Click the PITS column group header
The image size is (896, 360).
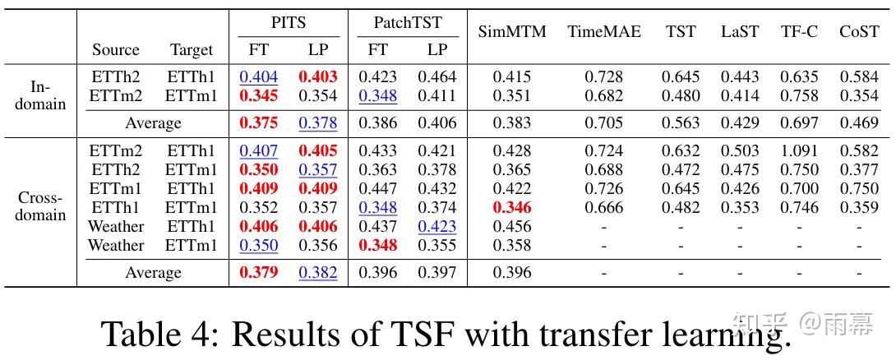coord(288,23)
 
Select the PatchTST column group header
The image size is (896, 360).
coord(408,23)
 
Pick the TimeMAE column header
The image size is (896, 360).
coord(603,32)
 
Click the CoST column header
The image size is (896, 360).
coord(859,32)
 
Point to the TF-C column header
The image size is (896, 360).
coord(799,32)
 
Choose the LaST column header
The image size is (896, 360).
coord(740,32)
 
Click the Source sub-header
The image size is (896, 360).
coord(116,49)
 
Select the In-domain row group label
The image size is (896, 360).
coord(40,95)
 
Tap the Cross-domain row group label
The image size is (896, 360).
coord(40,207)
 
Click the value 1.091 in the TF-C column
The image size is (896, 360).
coord(799,151)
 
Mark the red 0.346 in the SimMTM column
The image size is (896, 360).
coord(511,208)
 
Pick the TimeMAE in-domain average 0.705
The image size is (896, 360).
coord(604,123)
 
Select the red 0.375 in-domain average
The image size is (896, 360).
coord(259,123)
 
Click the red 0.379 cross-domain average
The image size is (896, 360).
coord(259,273)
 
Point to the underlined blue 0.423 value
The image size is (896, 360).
coord(437,227)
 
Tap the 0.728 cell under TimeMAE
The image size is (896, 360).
coord(604,77)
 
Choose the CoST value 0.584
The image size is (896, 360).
coord(859,77)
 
